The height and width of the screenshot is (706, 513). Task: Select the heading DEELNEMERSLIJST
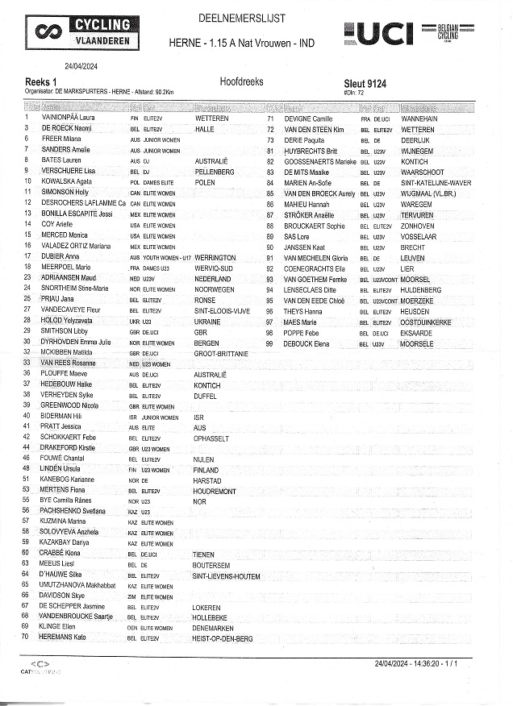[x=241, y=18]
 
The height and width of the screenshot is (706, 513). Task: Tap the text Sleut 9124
[x=365, y=82]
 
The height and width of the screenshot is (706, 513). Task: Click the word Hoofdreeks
[x=241, y=82]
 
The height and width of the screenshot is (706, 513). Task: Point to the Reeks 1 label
[x=41, y=82]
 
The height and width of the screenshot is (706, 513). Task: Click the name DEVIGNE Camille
[x=309, y=118]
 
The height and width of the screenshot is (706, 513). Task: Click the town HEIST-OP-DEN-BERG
[x=223, y=638]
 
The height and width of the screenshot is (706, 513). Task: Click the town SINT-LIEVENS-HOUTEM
[x=227, y=576]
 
